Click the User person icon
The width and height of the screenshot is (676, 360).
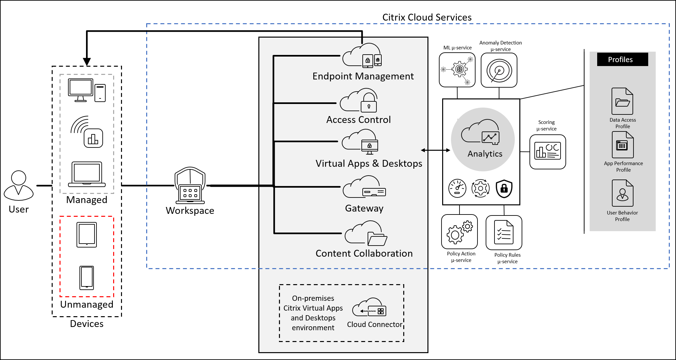19,185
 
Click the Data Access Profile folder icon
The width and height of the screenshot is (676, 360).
622,101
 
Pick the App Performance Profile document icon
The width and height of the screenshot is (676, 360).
623,145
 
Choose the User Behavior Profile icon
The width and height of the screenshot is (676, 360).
622,193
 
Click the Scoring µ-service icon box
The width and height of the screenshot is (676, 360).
547,152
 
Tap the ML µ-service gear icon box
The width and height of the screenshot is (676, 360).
457,70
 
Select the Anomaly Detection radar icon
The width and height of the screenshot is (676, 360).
499,70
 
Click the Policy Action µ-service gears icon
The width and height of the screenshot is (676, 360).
459,231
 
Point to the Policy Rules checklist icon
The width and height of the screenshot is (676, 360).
504,232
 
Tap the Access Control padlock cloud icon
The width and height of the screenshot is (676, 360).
359,100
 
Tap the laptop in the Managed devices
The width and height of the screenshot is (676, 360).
87,174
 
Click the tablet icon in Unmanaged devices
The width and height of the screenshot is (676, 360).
87,235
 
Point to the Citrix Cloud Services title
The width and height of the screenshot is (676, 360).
427,17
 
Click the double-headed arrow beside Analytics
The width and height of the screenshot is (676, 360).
435,150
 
